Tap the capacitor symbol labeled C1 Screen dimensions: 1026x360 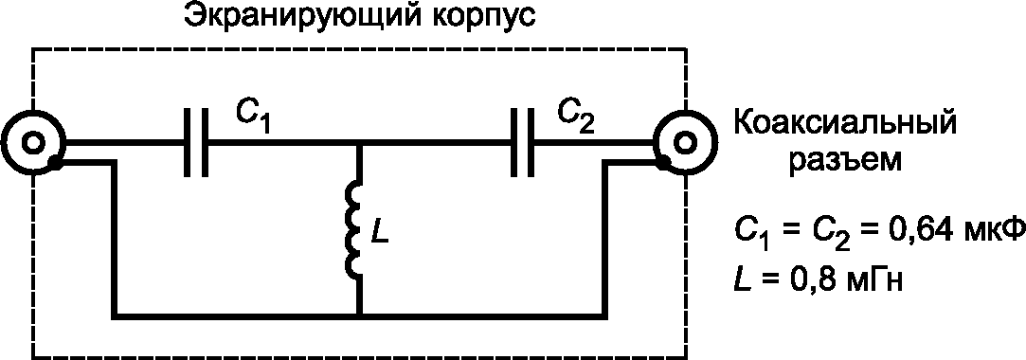point(196,142)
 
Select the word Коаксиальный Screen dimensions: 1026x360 point(844,125)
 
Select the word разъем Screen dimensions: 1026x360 point(843,162)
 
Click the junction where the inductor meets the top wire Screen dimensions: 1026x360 point(358,142)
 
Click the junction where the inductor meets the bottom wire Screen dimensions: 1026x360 point(358,316)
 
